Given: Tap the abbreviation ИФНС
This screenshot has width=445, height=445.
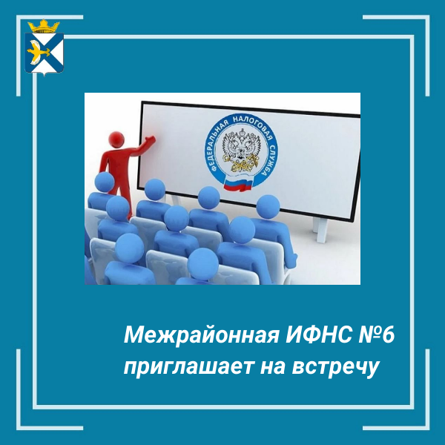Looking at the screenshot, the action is point(319,335).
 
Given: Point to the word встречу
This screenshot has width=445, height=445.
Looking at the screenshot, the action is point(335,368).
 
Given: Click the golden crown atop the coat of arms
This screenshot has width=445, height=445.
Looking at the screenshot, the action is point(44,26).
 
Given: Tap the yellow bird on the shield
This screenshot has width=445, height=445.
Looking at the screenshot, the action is point(37,51).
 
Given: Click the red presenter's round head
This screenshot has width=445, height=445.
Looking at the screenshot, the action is point(116,139).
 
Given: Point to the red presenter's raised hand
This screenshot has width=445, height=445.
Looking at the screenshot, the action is point(151,139).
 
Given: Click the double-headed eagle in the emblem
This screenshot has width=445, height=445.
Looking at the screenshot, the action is point(241,150).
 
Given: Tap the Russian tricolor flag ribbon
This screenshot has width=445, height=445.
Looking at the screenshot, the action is point(238,185).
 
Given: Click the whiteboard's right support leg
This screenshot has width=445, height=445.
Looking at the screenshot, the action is point(321,230).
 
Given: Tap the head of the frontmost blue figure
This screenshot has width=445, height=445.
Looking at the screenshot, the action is point(203,263).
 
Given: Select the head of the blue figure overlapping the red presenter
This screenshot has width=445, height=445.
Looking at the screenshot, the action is point(105,182).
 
